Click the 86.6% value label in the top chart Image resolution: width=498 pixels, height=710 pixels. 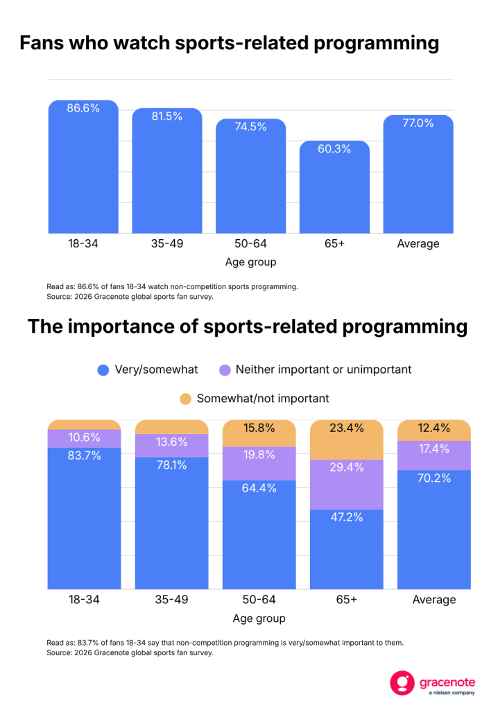coord(83,108)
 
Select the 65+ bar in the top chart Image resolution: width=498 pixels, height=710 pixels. coord(334,187)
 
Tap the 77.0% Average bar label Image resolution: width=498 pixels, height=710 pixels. coord(418,123)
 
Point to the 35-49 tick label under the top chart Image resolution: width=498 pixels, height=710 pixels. coord(167,243)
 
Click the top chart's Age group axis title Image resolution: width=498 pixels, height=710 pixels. coord(250,262)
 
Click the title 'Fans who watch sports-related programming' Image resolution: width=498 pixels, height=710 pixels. coord(230,43)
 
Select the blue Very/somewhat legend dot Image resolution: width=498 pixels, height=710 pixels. coord(103,370)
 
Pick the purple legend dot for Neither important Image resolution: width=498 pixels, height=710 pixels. coord(225,370)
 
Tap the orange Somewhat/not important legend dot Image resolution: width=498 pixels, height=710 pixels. coord(185,399)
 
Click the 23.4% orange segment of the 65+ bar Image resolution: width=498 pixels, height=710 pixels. coord(347,440)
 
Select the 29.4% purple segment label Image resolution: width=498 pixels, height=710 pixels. coord(347,467)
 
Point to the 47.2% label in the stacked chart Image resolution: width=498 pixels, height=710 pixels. coord(347,517)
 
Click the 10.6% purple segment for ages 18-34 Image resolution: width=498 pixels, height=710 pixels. coord(85,438)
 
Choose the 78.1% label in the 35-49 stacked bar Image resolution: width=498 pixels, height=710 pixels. coord(172,465)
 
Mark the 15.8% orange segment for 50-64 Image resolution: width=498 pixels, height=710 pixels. coord(259,433)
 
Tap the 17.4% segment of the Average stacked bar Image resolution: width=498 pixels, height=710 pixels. coord(434,456)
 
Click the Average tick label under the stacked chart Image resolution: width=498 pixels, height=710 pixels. coord(434,600)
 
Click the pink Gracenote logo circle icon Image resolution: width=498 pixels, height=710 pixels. coord(402,683)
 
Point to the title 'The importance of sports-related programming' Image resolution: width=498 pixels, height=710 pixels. coord(248,327)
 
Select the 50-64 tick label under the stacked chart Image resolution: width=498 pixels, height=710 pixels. coord(259,600)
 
